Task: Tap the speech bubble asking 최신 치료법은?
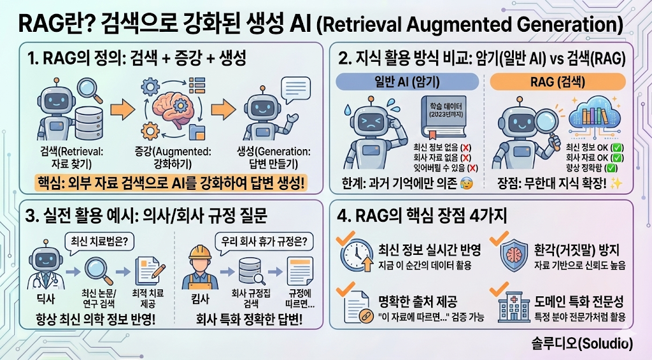click(x=99, y=241)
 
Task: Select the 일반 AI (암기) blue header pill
click(x=407, y=82)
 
